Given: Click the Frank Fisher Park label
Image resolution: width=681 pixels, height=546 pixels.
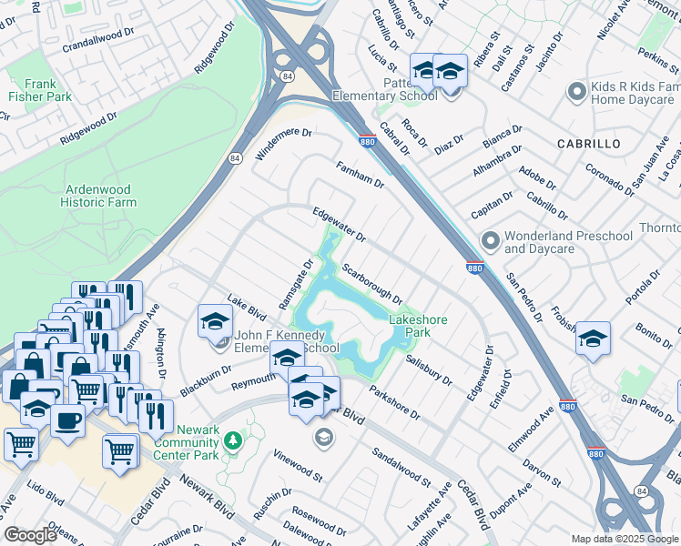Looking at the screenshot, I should [40, 89].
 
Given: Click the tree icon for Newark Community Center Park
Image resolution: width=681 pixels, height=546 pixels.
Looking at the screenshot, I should [234, 441].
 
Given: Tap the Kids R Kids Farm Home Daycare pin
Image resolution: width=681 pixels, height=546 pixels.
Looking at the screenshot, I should [575, 91].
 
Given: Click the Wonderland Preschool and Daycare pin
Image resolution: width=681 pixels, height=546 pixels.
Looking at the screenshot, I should [492, 241].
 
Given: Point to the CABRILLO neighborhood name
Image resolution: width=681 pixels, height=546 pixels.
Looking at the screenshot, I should [588, 144].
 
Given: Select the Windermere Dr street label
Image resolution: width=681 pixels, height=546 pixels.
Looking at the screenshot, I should [283, 145].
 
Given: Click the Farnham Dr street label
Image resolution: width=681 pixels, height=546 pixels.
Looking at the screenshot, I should [361, 175].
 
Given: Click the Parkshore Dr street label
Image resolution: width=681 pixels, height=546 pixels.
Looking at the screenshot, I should [394, 403].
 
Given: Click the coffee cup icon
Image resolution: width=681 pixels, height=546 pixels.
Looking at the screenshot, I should [67, 421].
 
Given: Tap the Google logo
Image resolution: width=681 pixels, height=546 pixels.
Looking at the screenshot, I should [30, 535].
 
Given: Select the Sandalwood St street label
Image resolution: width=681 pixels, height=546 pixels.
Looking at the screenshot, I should [401, 465].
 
